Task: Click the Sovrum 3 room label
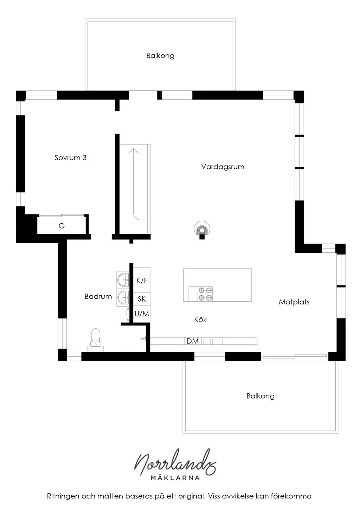[x=70, y=158]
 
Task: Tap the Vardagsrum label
[x=223, y=167]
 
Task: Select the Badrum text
[x=98, y=296]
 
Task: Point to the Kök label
[x=200, y=320]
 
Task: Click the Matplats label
[x=294, y=302]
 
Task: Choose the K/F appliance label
[x=142, y=281]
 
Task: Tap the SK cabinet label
[x=142, y=299]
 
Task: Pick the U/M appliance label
[x=142, y=314]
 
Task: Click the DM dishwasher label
[x=193, y=341]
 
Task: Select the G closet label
[x=62, y=226]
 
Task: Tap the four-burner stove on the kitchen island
[x=205, y=294]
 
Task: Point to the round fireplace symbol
[x=202, y=228]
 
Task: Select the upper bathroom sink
[x=123, y=280]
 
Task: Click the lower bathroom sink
[x=123, y=297]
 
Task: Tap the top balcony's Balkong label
[x=160, y=56]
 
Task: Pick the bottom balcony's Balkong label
[x=261, y=396]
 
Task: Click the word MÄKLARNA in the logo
[x=175, y=478]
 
